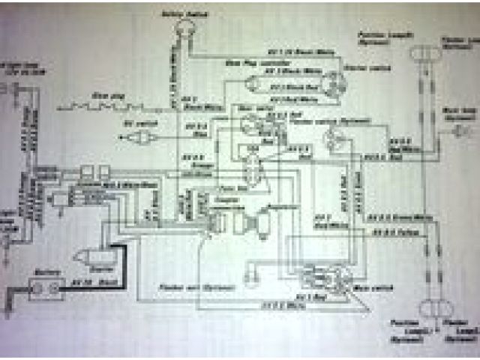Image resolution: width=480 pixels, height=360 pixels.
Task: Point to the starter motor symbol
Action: click(x=90, y=259)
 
